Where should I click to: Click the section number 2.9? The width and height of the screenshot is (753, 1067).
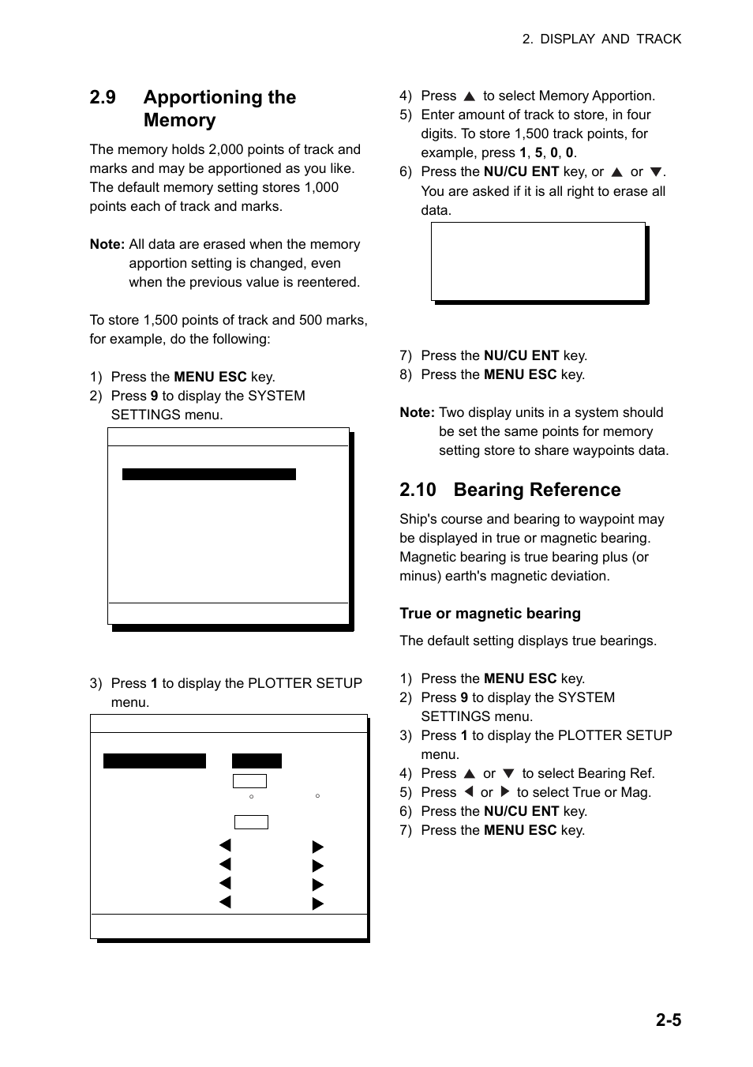click(x=103, y=97)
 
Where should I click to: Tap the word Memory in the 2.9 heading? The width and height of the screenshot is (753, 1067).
click(x=179, y=120)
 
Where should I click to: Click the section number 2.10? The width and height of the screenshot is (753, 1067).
click(x=418, y=490)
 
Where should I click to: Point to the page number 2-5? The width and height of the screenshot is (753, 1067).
click(x=668, y=1020)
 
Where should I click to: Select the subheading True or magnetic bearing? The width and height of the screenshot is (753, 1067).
click(x=489, y=614)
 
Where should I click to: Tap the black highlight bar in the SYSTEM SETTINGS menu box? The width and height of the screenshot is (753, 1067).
click(x=208, y=474)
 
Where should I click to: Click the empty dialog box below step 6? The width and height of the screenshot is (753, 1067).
click(x=538, y=261)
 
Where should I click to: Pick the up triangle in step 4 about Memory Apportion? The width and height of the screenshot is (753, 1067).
click(x=469, y=96)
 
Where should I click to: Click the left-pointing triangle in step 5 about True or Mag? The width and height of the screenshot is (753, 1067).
click(x=468, y=792)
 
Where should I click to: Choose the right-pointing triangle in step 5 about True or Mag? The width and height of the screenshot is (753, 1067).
click(x=505, y=792)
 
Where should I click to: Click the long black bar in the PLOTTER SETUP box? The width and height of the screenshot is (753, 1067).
click(x=154, y=761)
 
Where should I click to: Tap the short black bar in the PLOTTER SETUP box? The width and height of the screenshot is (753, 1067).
click(x=257, y=761)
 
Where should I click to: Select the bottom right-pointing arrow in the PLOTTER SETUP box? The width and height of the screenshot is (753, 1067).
click(x=318, y=904)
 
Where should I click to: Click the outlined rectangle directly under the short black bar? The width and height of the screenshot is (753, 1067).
click(x=249, y=781)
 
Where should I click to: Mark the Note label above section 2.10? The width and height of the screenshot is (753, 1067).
click(x=417, y=412)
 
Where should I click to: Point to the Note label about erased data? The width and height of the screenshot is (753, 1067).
click(x=107, y=244)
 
